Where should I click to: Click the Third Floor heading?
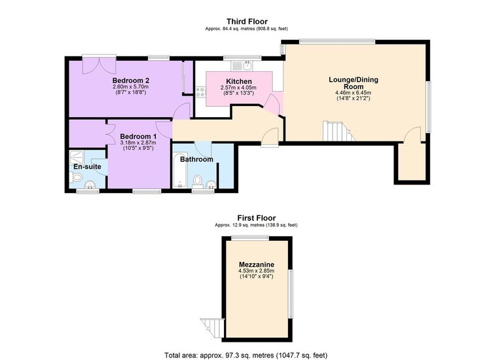pyautogui.click(x=247, y=22)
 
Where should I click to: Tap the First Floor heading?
pyautogui.click(x=257, y=218)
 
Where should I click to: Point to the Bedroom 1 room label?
pyautogui.click(x=138, y=137)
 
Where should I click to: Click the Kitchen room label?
pyautogui.click(x=239, y=82)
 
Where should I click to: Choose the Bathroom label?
pyautogui.click(x=196, y=159)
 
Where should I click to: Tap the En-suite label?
pyautogui.click(x=87, y=167)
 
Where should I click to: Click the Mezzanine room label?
pyautogui.click(x=257, y=264)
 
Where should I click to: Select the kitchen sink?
pyautogui.click(x=242, y=65)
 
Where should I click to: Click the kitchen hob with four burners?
pyautogui.click(x=200, y=92)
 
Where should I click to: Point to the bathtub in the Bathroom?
pyautogui.click(x=180, y=170)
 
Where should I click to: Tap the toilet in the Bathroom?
pyautogui.click(x=198, y=182)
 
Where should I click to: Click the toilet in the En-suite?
pyautogui.click(x=76, y=177)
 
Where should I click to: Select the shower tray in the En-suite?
pyautogui.click(x=77, y=157)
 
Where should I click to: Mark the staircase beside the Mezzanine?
pyautogui.click(x=212, y=328)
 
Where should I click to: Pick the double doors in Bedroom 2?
pyautogui.click(x=99, y=66)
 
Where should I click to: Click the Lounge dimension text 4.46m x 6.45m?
pyautogui.click(x=353, y=93)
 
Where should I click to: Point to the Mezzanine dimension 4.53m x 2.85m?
pyautogui.click(x=257, y=271)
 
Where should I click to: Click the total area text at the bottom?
pyautogui.click(x=246, y=355)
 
